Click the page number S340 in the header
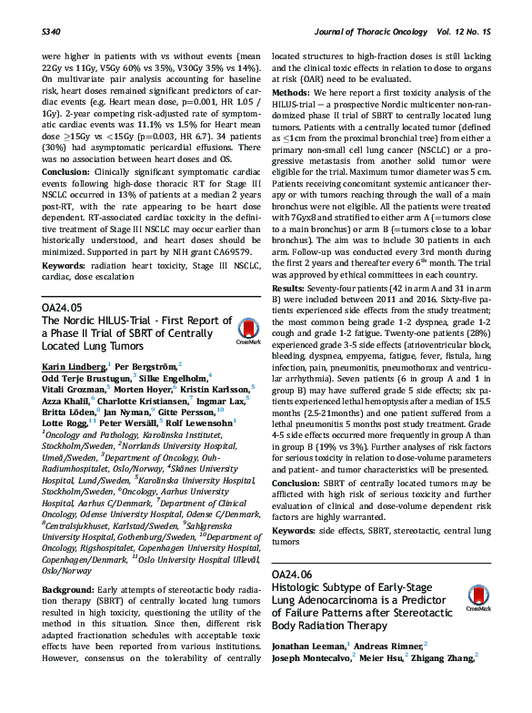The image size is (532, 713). [x=53, y=31]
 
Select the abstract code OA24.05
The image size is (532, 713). [x=61, y=309]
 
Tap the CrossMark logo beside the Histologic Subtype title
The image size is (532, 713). [x=477, y=597]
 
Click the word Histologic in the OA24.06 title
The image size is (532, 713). [x=300, y=588]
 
